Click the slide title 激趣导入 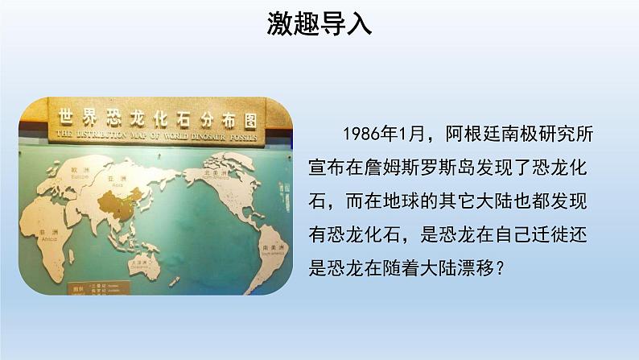[319, 24]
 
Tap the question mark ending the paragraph [500, 267]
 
